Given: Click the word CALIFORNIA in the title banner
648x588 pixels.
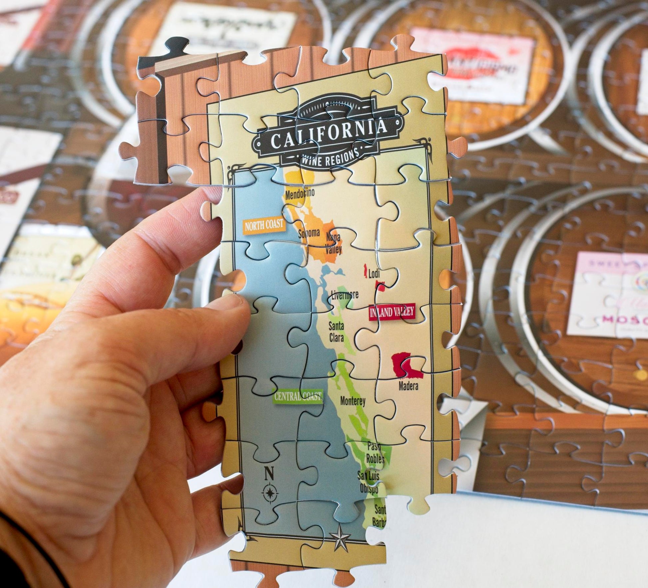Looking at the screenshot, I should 329,133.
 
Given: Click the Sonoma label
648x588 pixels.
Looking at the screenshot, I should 309,233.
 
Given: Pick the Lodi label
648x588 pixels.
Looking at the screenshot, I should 374,274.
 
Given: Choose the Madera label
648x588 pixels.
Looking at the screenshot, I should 408,386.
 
